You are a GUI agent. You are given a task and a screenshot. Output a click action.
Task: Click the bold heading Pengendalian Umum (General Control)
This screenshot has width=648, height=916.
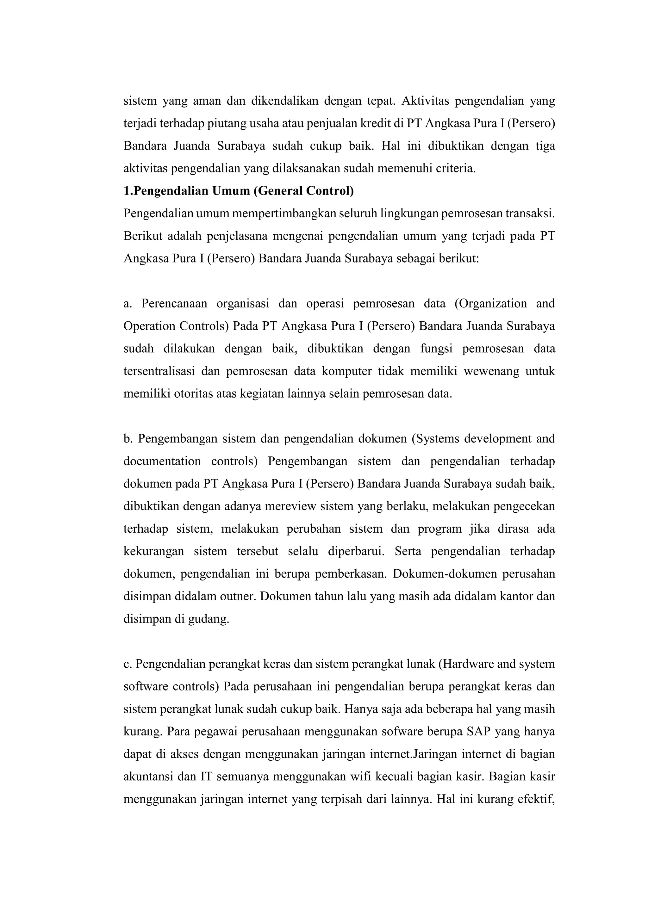click(239, 191)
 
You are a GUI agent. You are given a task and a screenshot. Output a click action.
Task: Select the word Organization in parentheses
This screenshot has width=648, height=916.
click(490, 304)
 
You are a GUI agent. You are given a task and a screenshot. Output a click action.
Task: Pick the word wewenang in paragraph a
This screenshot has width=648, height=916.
click(489, 371)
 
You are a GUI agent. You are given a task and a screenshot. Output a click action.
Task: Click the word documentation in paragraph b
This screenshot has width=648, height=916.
click(162, 461)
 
